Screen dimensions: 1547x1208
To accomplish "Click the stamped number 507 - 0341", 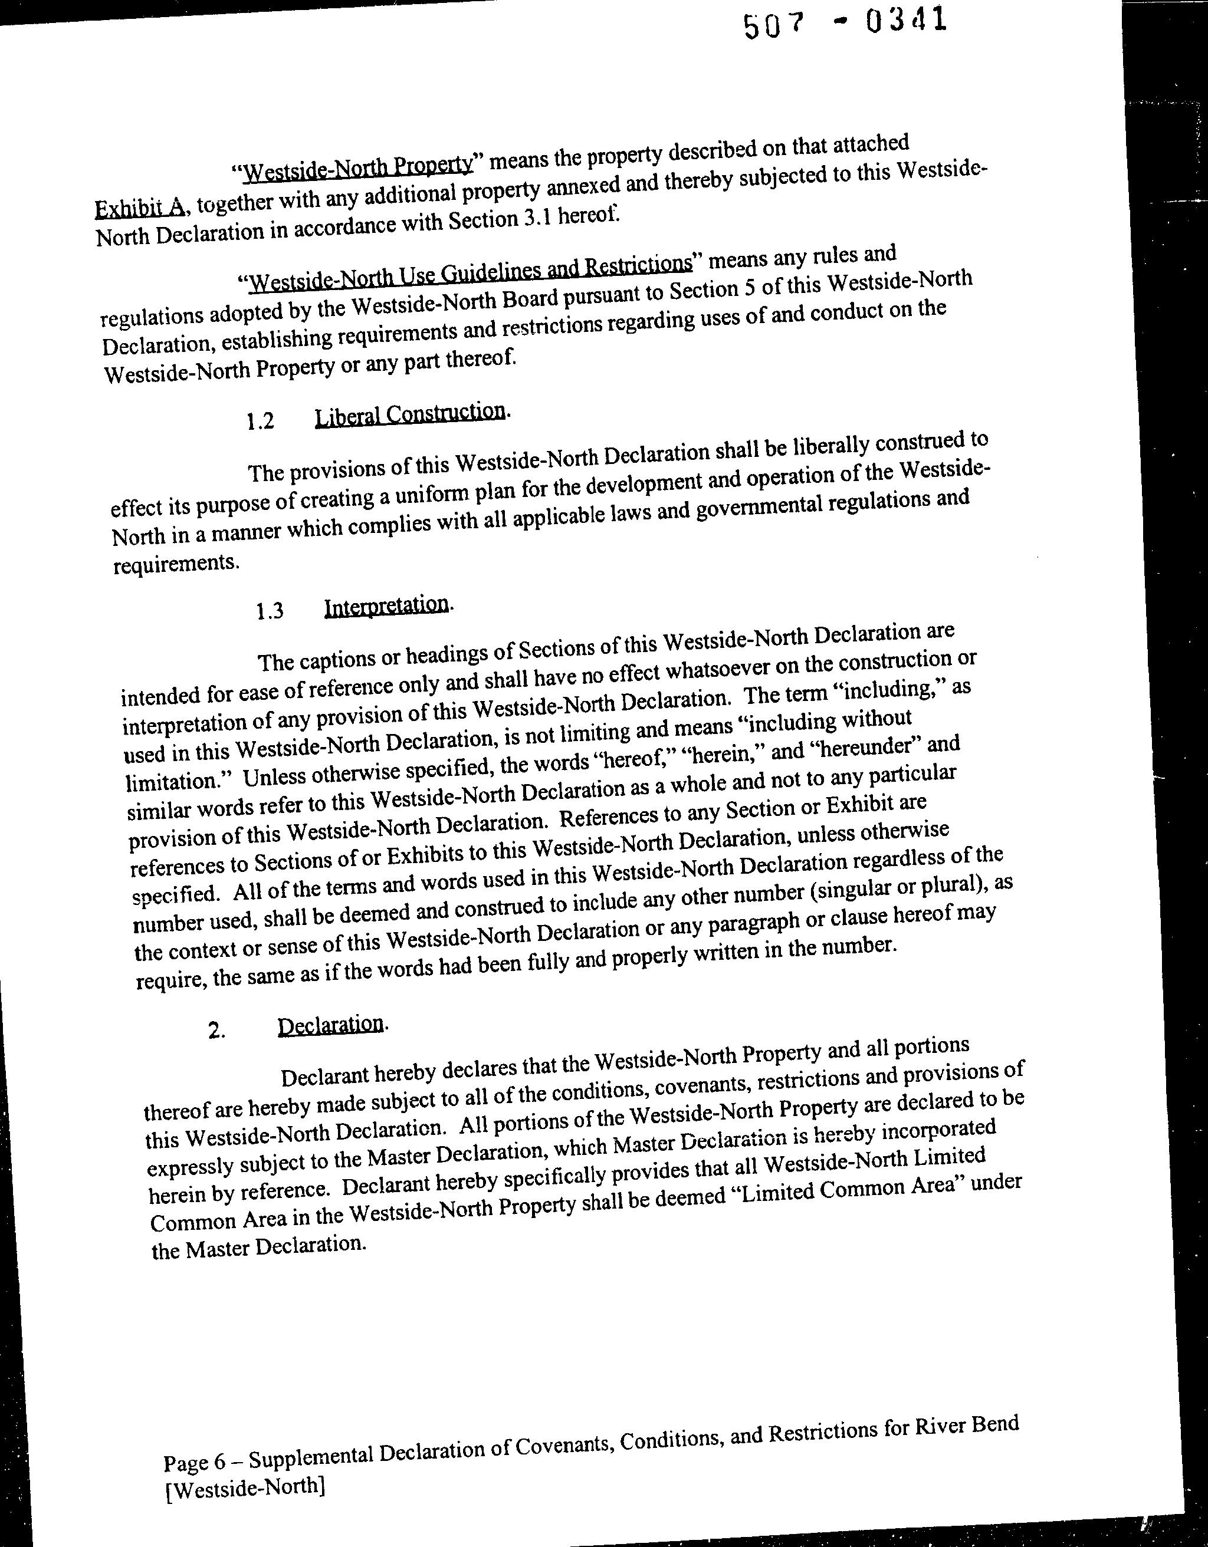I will tap(844, 22).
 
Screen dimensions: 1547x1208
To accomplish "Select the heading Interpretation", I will tap(386, 606).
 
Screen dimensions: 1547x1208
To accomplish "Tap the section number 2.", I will tap(217, 1031).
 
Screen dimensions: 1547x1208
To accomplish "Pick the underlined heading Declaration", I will tap(331, 1025).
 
